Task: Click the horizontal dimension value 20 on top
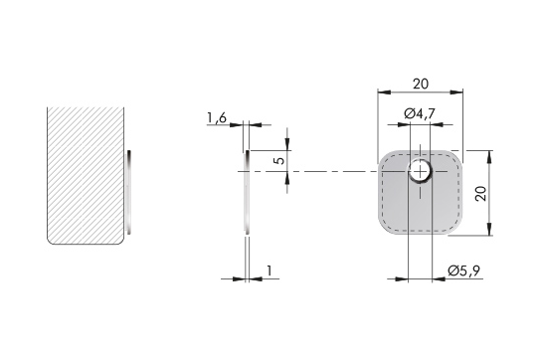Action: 421,84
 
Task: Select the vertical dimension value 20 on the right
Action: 480,193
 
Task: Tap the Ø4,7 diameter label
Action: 420,113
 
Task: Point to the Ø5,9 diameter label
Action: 463,270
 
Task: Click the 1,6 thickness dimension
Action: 217,118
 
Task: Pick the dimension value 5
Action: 280,161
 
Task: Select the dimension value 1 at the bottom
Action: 270,270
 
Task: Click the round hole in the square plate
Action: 420,171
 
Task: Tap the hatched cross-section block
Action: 86,175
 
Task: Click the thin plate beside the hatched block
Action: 129,192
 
